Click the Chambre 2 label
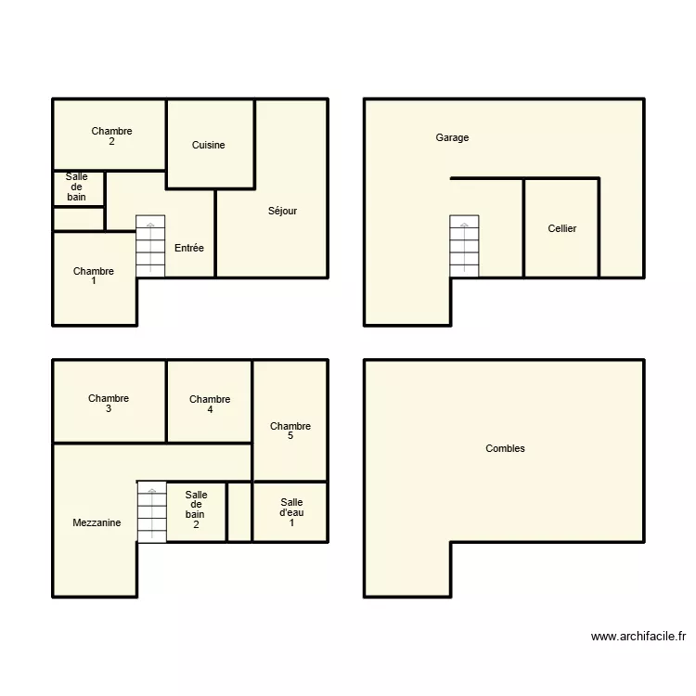[111, 136]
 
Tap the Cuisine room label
[208, 145]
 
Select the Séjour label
[282, 211]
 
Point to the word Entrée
[189, 248]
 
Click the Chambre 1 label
[94, 277]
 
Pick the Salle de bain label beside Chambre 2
[76, 187]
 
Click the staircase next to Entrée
[150, 246]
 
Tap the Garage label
[452, 137]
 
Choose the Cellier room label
[561, 228]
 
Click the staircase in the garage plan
[464, 246]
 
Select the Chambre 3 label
[109, 404]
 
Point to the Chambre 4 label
[210, 405]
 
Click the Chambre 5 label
[290, 432]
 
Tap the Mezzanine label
[97, 523]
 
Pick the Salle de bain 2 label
[196, 509]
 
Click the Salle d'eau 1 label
[291, 512]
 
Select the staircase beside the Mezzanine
[151, 511]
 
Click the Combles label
[505, 448]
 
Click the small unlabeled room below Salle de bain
[78, 219]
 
